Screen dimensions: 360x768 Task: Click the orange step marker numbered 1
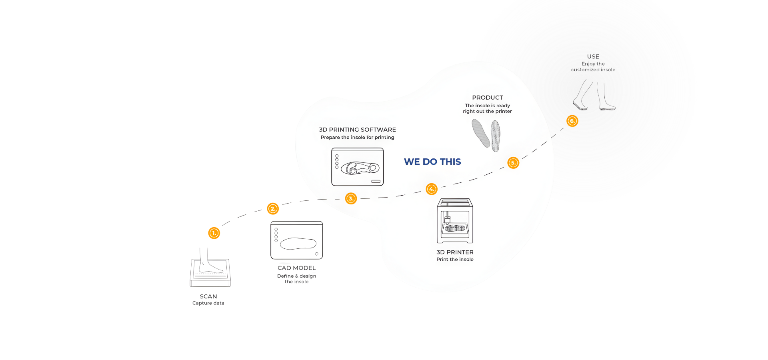tap(214, 233)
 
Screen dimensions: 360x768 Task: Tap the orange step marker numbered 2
tap(273, 208)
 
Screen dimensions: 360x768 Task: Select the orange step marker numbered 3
tap(351, 198)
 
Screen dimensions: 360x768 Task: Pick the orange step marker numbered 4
tap(432, 189)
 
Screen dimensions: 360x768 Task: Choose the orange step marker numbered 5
tap(513, 163)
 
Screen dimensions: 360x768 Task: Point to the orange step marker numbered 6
tap(572, 121)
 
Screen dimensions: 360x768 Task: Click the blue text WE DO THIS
tap(432, 162)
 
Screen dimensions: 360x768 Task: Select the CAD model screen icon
tap(296, 240)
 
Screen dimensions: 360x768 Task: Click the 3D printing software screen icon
tap(357, 167)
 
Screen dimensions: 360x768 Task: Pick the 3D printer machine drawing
tap(455, 221)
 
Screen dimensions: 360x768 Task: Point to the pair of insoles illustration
tap(486, 136)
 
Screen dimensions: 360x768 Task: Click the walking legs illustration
tap(594, 95)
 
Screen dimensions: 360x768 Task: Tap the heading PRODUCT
tap(487, 98)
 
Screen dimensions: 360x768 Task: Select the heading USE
tap(593, 57)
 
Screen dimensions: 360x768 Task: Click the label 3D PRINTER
tap(455, 252)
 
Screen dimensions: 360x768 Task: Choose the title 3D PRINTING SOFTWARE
tap(357, 130)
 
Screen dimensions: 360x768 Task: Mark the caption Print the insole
tap(455, 260)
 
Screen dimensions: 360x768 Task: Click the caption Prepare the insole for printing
tap(357, 138)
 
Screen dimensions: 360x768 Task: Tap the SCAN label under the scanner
tap(208, 296)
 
